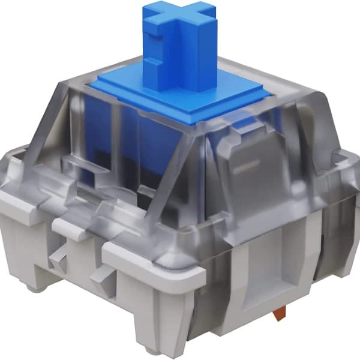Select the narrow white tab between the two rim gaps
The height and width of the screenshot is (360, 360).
[69, 228]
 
